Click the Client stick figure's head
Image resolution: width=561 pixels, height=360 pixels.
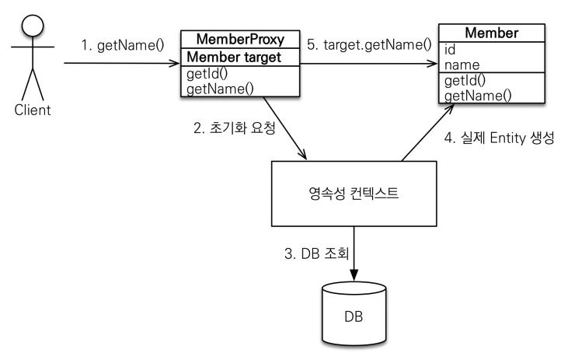click(31, 22)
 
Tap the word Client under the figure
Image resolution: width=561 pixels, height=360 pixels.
click(32, 110)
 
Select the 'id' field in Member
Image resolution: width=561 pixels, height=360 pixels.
click(450, 51)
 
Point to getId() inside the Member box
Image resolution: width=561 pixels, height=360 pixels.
click(465, 81)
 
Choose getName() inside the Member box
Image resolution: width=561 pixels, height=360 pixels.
click(477, 96)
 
